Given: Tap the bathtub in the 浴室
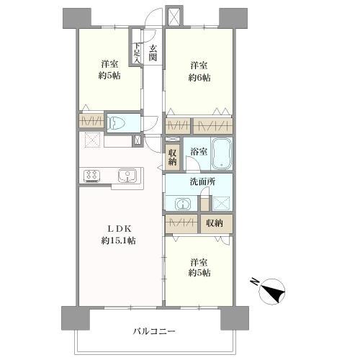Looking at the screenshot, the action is [221, 154].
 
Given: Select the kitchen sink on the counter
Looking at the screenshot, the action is [127, 176].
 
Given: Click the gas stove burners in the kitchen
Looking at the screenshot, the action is [91, 176].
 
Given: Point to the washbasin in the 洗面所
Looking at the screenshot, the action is [183, 204].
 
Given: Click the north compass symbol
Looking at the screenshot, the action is [272, 292].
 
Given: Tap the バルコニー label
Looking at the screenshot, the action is [154, 331].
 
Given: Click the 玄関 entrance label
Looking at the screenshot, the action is [153, 53].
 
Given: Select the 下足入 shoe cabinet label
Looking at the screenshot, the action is [137, 53].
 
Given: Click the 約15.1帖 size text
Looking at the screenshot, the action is [118, 240].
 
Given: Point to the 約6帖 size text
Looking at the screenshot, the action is [199, 78].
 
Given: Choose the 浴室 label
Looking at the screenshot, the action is [199, 152].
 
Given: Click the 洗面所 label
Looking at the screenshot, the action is [202, 181].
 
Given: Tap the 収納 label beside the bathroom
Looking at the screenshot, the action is [172, 157].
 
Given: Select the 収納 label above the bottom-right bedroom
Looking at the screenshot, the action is [215, 223].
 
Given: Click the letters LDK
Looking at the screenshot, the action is [119, 229].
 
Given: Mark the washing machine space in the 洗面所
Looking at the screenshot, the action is [221, 204].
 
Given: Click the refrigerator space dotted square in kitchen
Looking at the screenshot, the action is [92, 140].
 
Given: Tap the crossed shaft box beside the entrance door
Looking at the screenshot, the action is [174, 17].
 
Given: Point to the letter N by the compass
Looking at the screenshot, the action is [254, 282].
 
